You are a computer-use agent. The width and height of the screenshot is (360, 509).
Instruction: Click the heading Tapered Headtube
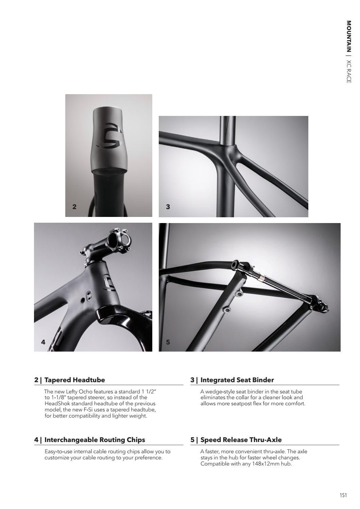tap(74, 380)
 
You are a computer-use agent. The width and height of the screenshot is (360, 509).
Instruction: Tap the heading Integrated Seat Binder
tap(237, 380)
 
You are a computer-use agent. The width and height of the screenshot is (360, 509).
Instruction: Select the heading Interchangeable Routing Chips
tap(95, 440)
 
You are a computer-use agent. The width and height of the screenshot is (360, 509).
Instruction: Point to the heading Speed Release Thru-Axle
tap(241, 440)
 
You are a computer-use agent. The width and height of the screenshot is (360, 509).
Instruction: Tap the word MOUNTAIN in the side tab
tap(349, 37)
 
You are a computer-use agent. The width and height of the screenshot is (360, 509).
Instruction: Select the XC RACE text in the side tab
tap(349, 71)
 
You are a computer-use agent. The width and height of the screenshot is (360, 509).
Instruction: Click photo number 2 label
tap(74, 207)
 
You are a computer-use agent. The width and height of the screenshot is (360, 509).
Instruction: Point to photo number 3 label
tap(168, 207)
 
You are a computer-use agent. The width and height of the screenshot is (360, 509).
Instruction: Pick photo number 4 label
tap(43, 342)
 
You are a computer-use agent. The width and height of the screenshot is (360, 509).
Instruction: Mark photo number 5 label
tap(168, 342)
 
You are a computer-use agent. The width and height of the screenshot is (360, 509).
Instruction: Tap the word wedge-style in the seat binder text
tap(220, 391)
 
